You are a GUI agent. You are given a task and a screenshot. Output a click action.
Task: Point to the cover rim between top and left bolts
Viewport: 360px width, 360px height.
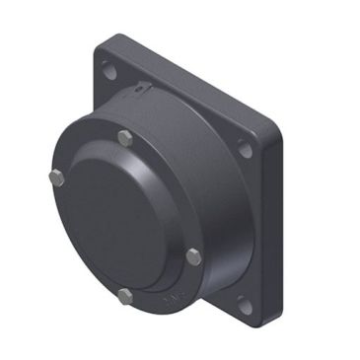(x=84, y=153)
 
